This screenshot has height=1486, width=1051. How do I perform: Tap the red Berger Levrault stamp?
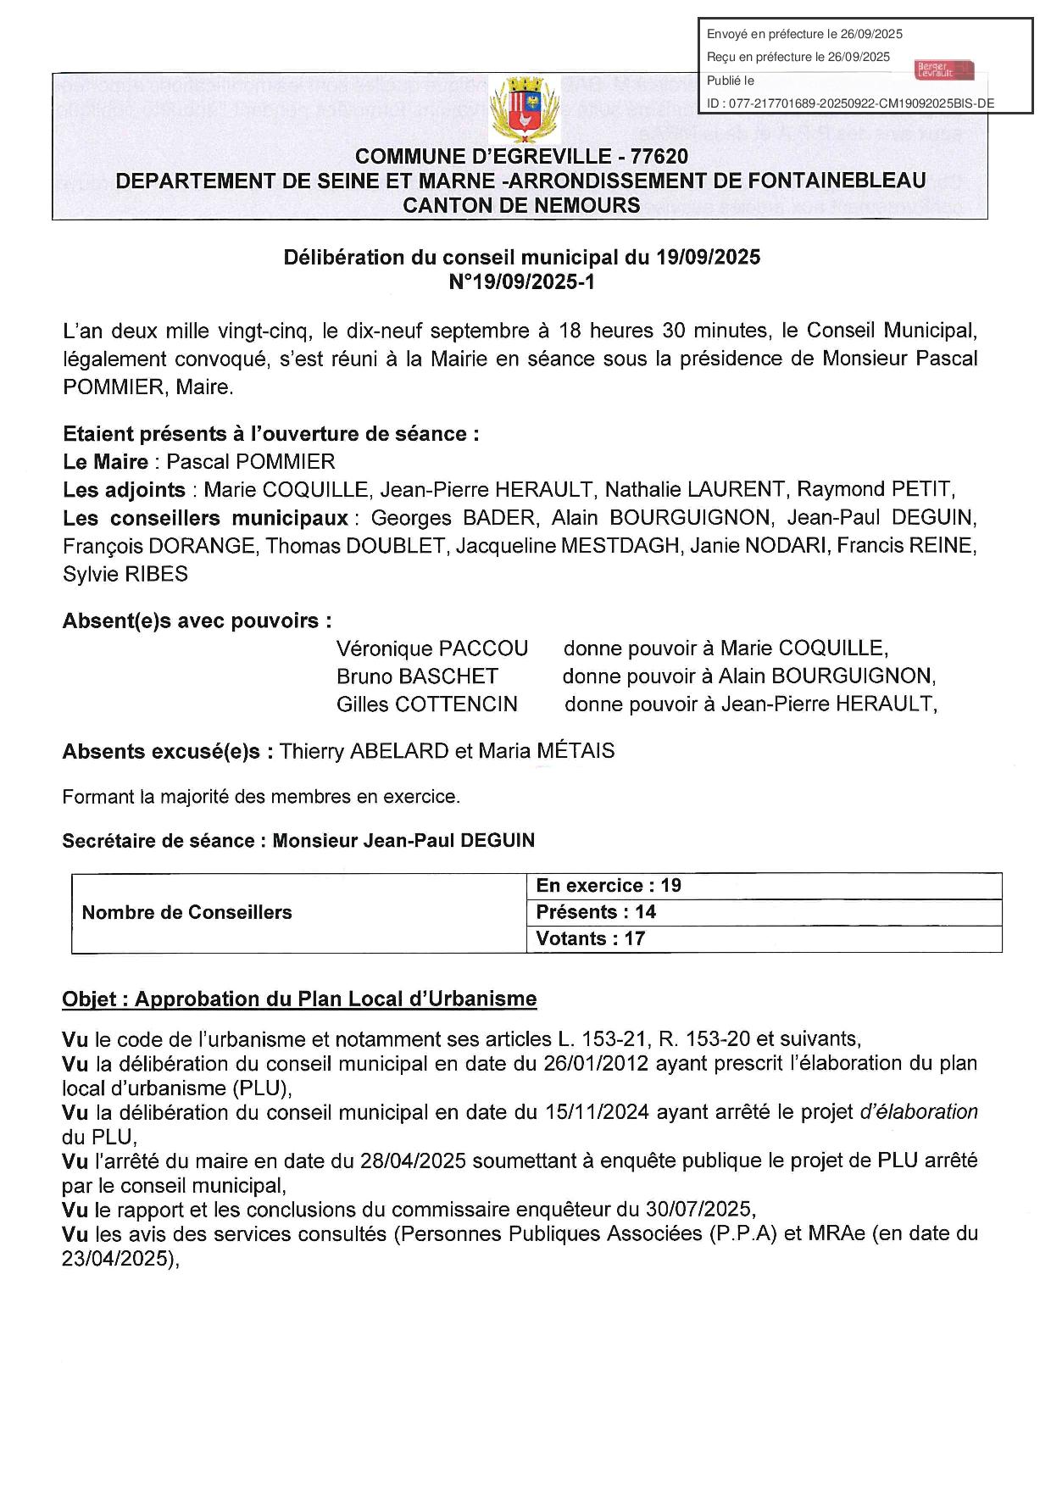click(944, 70)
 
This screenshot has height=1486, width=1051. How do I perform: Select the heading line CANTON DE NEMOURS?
click(521, 205)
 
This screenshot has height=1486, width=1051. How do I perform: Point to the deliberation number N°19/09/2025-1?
click(521, 281)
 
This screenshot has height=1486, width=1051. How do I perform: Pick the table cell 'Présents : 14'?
click(596, 912)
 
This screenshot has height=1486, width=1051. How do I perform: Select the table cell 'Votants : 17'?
click(590, 938)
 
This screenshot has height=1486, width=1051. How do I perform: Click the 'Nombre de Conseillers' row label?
click(186, 912)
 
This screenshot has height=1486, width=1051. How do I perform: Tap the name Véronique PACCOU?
click(431, 648)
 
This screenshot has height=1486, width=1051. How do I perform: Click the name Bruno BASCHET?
click(417, 676)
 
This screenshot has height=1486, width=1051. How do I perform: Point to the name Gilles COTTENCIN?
click(426, 704)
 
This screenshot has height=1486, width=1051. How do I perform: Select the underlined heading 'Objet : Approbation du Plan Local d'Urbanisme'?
click(299, 999)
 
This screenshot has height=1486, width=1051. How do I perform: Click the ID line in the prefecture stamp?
click(850, 104)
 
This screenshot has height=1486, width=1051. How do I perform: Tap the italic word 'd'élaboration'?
click(918, 1111)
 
